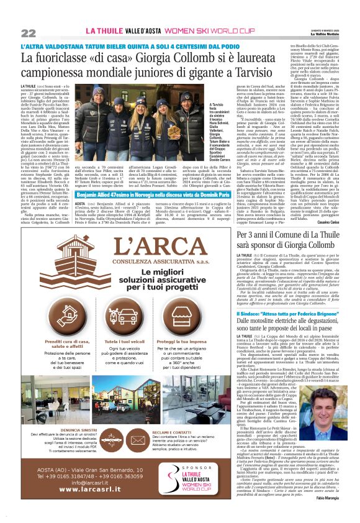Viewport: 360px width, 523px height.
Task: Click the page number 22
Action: click(28, 32)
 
